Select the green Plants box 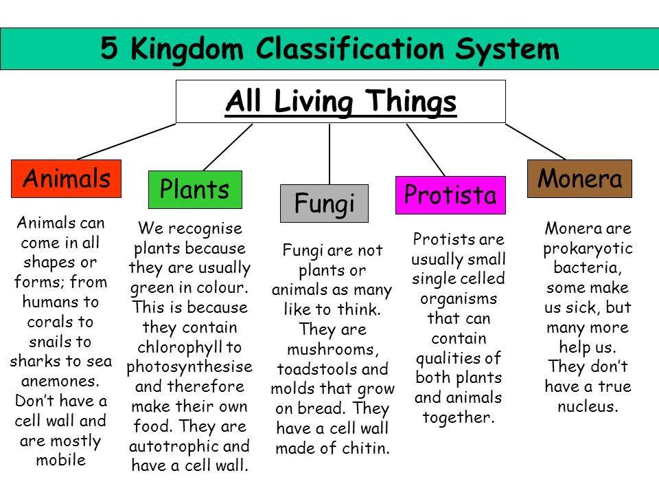[x=194, y=189]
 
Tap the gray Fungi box [x=323, y=203]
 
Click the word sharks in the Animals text [x=29, y=362]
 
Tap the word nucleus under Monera [x=588, y=406]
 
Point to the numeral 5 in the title [x=108, y=48]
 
